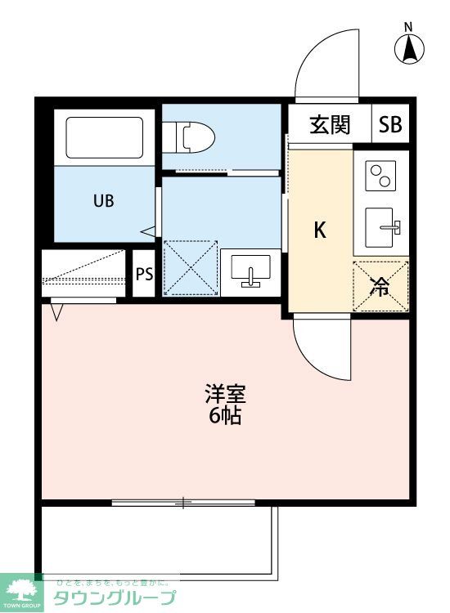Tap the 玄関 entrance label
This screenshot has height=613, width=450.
(x=330, y=124)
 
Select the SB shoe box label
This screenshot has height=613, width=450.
(x=390, y=125)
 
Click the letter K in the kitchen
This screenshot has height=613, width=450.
(x=321, y=230)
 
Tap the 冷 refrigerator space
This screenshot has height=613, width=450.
(x=380, y=286)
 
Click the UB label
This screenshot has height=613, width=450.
(x=103, y=200)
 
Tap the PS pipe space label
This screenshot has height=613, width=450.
(x=144, y=274)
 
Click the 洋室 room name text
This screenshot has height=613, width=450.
(x=224, y=394)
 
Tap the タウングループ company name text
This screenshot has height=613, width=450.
(x=115, y=597)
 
